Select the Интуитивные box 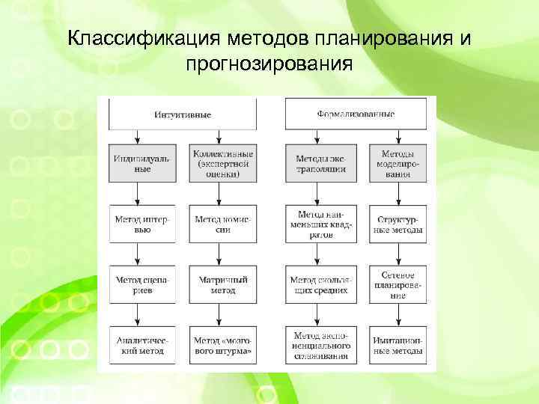(x=183, y=114)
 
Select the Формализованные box (x=356, y=114)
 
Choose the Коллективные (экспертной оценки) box (x=219, y=164)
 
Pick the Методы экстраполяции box (x=320, y=164)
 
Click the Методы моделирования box (x=399, y=164)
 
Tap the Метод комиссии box (x=219, y=224)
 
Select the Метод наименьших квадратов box (x=320, y=224)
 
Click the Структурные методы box (x=399, y=224)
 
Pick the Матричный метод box (x=219, y=284)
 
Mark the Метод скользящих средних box (x=320, y=284)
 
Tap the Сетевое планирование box (x=399, y=284)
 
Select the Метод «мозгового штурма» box (x=219, y=345)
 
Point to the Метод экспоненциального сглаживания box (x=320, y=345)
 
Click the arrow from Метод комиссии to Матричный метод (x=219, y=254)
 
